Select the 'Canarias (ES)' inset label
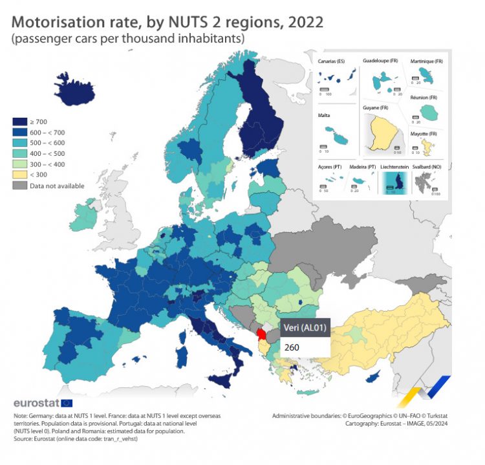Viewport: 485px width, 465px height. tap(332, 61)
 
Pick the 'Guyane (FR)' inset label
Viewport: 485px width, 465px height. tap(376, 107)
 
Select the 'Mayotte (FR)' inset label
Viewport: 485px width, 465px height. tap(424, 134)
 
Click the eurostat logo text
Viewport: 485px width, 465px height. tap(37, 404)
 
